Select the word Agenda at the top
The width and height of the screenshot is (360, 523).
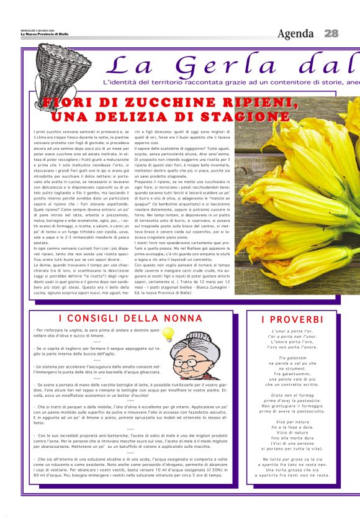point(297,33)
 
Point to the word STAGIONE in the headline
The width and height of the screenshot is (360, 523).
point(246,116)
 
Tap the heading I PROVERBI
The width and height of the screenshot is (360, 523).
point(291,319)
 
